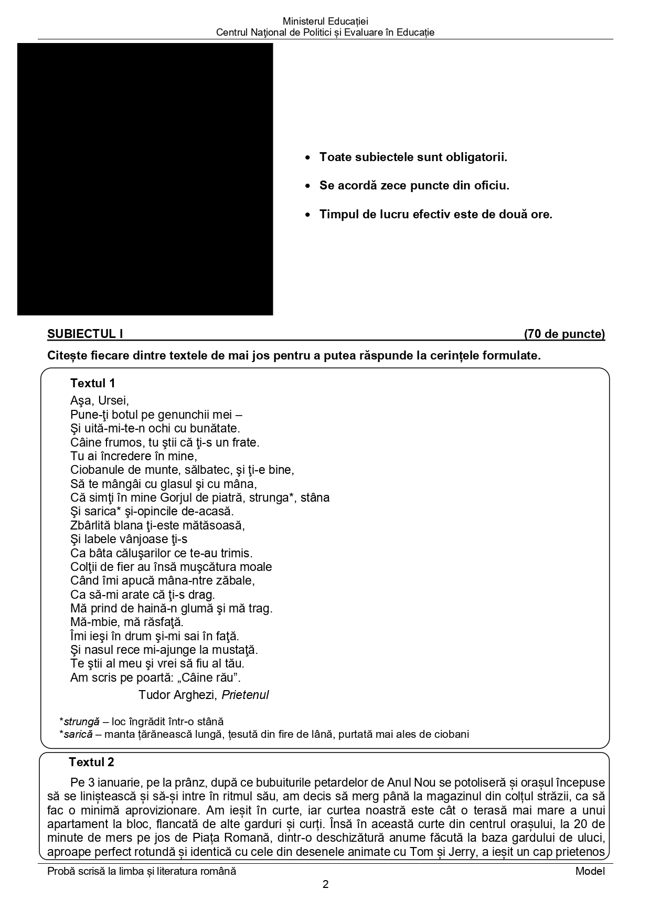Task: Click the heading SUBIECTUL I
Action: (85, 334)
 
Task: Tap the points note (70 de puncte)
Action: (564, 334)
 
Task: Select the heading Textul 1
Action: (92, 383)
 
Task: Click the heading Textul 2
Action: (91, 762)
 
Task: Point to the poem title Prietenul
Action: (245, 695)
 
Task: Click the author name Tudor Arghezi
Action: (177, 695)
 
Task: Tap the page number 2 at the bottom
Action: (325, 884)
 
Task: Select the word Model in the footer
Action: (590, 871)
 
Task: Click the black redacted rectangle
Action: (145, 179)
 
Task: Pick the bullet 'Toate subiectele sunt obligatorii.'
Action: (413, 157)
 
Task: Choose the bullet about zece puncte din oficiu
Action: (414, 186)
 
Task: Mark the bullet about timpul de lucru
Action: (435, 215)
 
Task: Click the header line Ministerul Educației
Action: (325, 22)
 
